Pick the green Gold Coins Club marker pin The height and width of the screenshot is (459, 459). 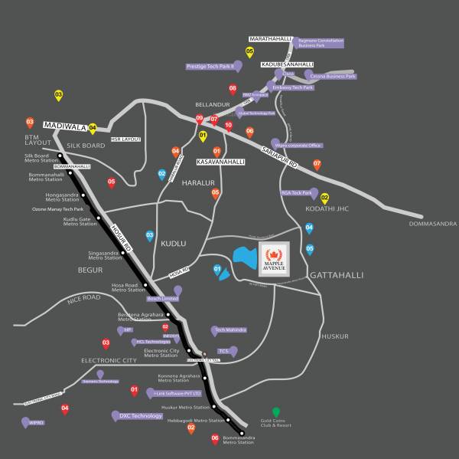[x=276, y=413]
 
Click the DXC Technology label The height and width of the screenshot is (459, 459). [x=140, y=416]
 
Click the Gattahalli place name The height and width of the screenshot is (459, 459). [x=336, y=274]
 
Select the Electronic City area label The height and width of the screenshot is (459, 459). [x=109, y=359]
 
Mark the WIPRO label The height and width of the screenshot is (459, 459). [x=36, y=422]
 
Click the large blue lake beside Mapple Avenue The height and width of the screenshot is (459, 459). [x=243, y=257]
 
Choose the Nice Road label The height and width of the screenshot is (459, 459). [x=84, y=297]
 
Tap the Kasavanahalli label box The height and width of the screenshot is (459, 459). [x=221, y=162]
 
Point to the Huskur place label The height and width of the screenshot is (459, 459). [x=335, y=336]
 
